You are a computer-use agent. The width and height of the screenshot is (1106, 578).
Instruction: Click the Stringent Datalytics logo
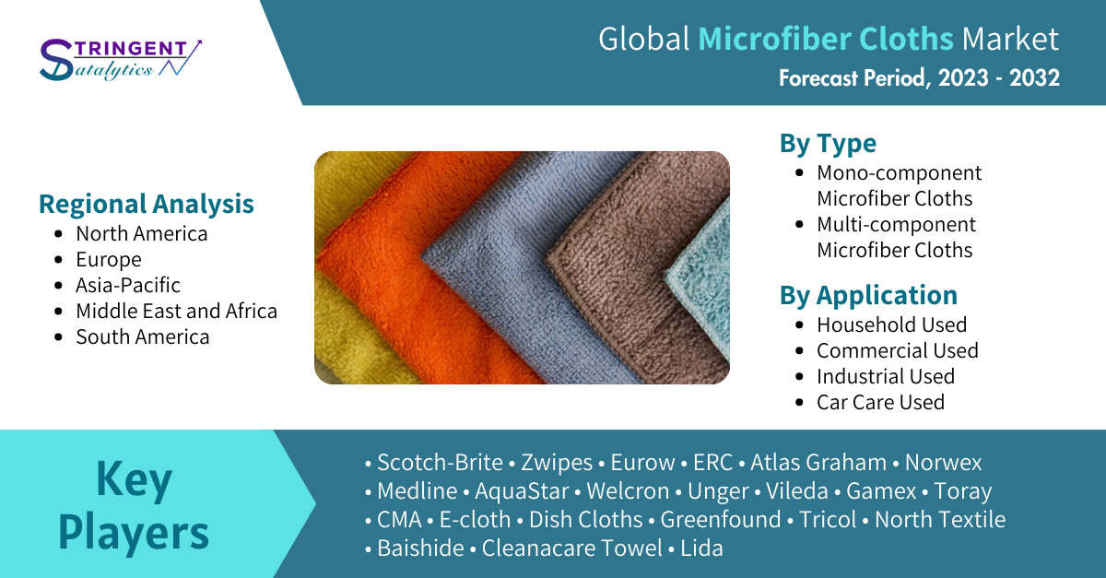[121, 59]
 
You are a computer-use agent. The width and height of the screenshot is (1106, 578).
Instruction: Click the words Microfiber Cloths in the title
[826, 39]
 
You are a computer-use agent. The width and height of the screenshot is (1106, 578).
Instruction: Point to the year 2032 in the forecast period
[1034, 78]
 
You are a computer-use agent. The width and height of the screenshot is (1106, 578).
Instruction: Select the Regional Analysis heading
[147, 204]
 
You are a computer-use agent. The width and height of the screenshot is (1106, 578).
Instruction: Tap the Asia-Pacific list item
[128, 285]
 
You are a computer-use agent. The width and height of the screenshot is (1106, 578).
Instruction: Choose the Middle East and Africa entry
[176, 312]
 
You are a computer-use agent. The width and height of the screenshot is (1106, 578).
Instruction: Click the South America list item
[142, 336]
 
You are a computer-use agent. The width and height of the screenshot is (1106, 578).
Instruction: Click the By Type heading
[828, 144]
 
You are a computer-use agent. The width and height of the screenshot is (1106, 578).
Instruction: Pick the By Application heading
[868, 295]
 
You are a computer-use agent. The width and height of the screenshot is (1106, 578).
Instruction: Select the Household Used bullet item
[892, 324]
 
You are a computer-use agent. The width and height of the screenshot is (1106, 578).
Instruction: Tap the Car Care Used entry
[880, 402]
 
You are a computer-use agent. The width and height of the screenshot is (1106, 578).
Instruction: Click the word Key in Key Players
[134, 479]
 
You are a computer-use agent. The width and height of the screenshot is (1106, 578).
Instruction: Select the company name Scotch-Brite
[440, 463]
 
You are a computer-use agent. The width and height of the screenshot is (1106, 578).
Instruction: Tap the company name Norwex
[943, 463]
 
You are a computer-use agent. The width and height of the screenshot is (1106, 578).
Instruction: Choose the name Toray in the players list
[962, 491]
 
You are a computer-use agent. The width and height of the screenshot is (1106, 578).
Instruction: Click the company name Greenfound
[721, 520]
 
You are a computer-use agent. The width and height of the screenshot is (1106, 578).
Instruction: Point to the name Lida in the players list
[701, 549]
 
